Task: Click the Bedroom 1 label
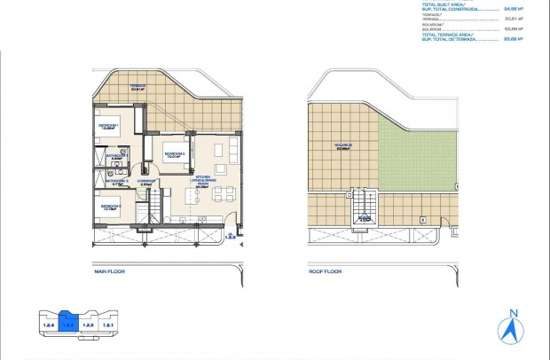pos(110,126)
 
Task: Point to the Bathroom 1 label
pos(114,157)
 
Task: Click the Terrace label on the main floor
pos(137,86)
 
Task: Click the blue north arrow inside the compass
pos(513,331)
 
